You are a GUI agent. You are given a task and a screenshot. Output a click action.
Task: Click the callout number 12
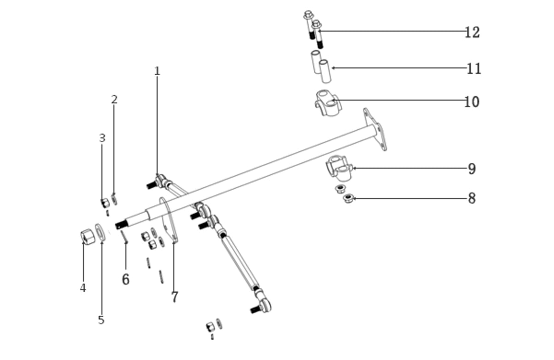(472, 32)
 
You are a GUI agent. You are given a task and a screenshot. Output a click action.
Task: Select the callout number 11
(474, 69)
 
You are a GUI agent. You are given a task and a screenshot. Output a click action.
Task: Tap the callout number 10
(471, 102)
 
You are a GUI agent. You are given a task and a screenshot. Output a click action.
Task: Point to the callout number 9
(471, 169)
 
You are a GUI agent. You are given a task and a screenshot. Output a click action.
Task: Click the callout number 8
(471, 198)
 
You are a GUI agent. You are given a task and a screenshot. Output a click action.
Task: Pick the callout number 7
(174, 297)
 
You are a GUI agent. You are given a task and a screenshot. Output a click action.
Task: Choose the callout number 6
(126, 279)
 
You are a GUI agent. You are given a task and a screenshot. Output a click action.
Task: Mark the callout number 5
(101, 320)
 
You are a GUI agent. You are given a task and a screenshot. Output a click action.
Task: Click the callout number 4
(83, 288)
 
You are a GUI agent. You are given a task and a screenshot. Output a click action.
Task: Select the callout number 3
(102, 138)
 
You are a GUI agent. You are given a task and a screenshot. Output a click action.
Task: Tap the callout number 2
(114, 99)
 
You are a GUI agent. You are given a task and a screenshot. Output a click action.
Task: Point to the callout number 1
(157, 71)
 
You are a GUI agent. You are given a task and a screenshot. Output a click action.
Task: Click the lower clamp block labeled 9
(339, 168)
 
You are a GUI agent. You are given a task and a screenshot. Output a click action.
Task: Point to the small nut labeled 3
(105, 202)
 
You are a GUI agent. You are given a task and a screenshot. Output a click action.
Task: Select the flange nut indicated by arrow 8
(348, 199)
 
